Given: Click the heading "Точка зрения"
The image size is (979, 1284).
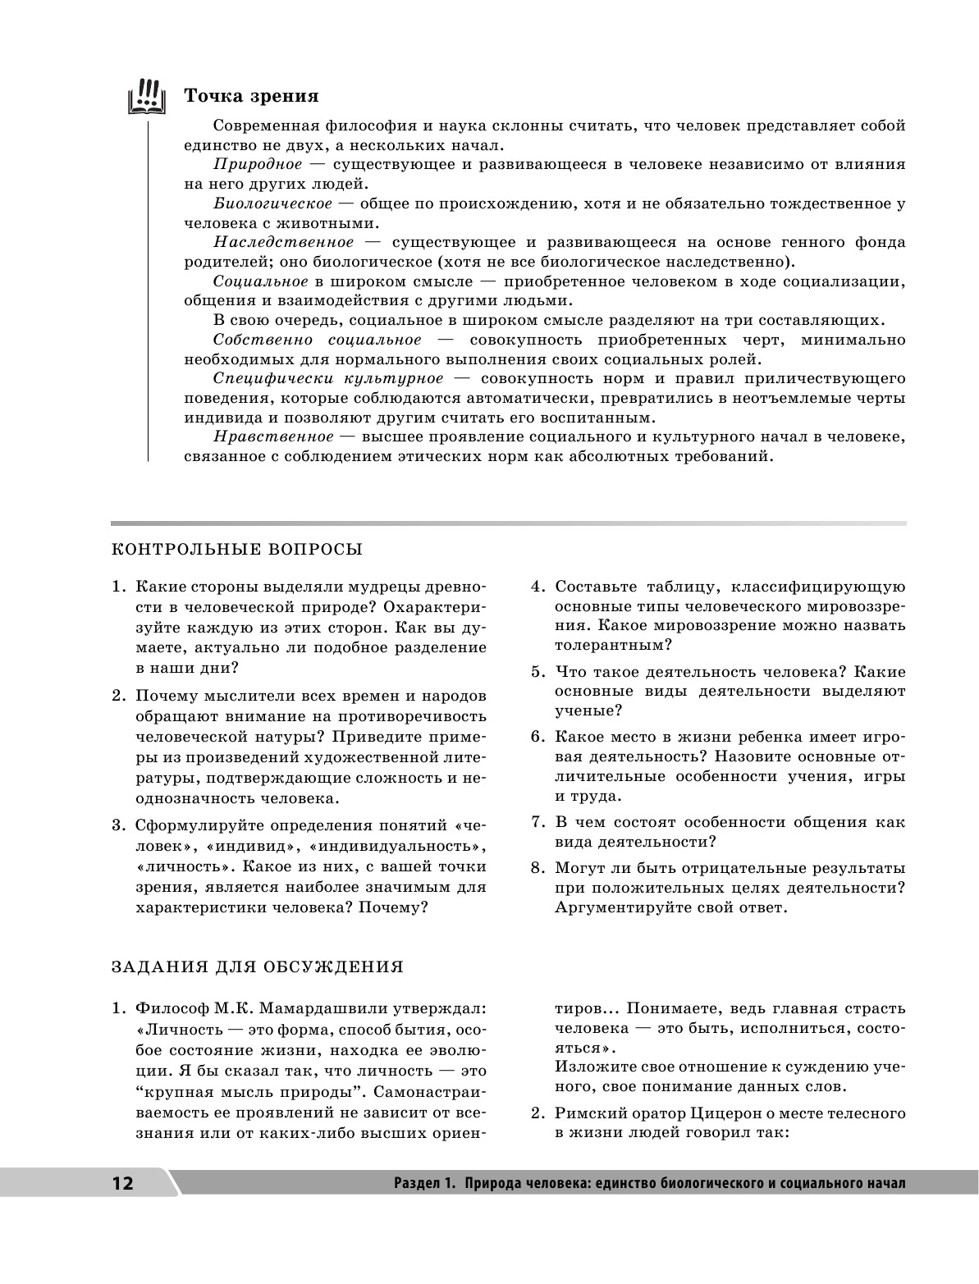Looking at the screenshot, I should pos(251,96).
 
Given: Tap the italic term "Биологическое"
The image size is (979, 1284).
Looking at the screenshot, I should pos(273,203).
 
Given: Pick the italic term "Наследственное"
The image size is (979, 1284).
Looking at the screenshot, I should pos(284,242).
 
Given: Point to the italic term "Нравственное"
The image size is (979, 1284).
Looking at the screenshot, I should pos(273,436).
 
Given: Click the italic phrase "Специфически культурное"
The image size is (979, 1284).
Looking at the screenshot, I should pos(327,378).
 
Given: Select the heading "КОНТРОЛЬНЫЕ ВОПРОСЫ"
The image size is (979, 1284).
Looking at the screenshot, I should pos(236,549).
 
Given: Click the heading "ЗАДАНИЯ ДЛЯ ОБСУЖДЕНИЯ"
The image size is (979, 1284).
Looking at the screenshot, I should pos(257,966).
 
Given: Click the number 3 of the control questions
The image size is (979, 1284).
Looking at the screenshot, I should pos(118,825).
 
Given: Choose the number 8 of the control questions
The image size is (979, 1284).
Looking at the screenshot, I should pos(537,868).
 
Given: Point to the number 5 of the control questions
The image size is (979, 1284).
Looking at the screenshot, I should pos(537,672).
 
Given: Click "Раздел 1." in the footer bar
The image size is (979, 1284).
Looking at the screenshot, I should pos(423,1184).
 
